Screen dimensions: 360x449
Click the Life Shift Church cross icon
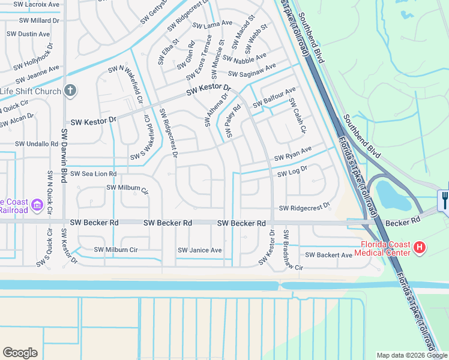coord(70,91)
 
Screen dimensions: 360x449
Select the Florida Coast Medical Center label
coord(386,248)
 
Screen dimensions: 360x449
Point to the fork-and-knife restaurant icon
coord(444,199)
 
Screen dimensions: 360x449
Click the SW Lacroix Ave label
coord(38,4)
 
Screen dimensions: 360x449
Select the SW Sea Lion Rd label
coord(93,174)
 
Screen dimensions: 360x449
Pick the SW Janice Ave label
coord(199,250)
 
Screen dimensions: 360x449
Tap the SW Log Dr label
coord(292,172)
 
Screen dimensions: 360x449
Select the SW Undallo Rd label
coord(37,144)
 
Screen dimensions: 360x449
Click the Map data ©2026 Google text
coord(411,355)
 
